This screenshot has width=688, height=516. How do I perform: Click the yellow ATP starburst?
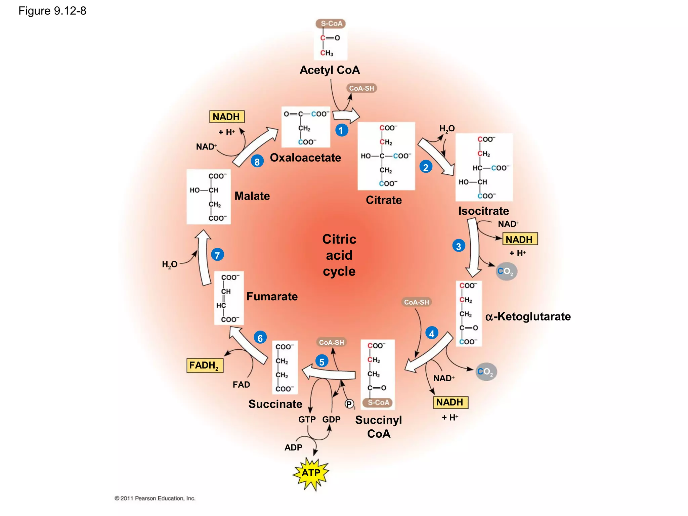pos(311,473)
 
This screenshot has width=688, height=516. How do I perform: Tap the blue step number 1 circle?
pos(341,130)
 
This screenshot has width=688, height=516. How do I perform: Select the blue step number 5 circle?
pos(322,362)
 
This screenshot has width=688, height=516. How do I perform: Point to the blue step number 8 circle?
pos(257,162)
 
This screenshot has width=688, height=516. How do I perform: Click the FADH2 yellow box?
pos(205,365)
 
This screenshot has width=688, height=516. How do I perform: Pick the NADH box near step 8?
pos(226,117)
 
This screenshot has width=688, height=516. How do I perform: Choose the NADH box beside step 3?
pos(519,240)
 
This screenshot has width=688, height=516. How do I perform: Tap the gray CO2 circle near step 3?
pos(506,271)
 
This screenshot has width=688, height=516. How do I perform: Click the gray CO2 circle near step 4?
pos(486,372)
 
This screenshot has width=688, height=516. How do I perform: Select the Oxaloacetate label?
pos(305,158)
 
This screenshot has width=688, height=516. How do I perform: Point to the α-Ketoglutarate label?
pos(528,316)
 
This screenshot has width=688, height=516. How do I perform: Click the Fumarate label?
pos(272,297)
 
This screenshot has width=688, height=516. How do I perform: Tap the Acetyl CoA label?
pos(330,70)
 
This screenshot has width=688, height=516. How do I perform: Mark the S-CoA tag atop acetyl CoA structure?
pos(331,24)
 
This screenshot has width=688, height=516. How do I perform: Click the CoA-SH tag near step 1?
pos(361,88)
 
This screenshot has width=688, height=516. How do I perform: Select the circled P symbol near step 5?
pos(349,404)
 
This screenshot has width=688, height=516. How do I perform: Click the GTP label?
pos(307,420)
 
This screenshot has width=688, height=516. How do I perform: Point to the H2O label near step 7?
pos(170,265)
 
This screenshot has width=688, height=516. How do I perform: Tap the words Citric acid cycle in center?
pos(339,255)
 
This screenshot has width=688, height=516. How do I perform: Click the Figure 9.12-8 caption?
pos(52,11)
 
